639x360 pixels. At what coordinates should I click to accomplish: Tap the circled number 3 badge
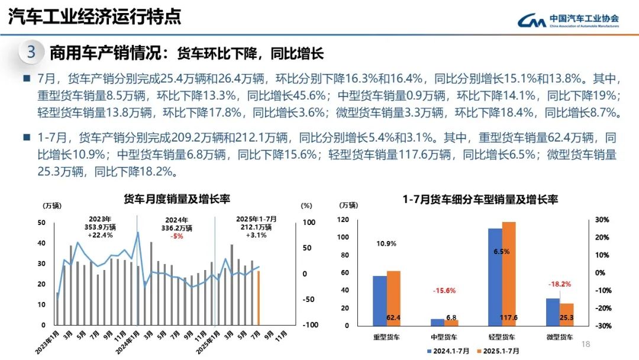(31, 52)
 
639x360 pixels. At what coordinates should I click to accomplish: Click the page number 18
(586, 345)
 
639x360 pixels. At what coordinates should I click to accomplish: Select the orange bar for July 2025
(258, 298)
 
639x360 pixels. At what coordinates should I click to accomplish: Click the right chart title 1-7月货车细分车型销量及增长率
(480, 200)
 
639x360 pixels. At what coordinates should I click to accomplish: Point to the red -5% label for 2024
(176, 236)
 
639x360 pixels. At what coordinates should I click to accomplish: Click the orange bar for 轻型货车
(509, 274)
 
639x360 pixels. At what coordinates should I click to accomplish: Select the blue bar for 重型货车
(379, 300)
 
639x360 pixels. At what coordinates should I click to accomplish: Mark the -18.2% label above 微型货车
(559, 284)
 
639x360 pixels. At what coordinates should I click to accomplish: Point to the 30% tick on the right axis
(602, 220)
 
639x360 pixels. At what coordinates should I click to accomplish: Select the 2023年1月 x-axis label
(47, 343)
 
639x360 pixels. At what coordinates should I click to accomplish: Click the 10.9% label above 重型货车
(386, 243)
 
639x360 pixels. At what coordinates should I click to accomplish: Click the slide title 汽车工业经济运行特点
(95, 17)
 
